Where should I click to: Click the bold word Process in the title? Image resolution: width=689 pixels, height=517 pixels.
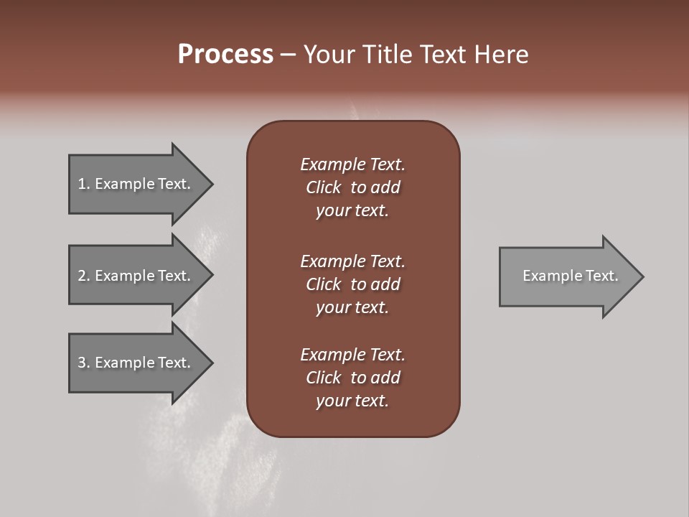tap(225, 55)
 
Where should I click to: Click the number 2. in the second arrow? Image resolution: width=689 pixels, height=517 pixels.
tap(84, 276)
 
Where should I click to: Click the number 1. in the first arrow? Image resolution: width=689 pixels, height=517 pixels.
tap(84, 184)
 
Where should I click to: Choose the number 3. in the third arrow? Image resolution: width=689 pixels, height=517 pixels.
tap(84, 363)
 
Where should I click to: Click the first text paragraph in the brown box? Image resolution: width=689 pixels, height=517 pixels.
tap(352, 187)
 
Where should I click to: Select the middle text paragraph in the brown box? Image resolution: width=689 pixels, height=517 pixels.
tap(352, 284)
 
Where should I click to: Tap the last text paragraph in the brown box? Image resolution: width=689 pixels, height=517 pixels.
tap(352, 378)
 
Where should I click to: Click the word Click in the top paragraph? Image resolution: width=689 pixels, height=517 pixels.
tap(324, 187)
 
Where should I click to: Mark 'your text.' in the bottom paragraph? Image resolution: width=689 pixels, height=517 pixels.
tap(352, 401)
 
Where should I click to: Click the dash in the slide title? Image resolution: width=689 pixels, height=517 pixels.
tap(288, 55)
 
